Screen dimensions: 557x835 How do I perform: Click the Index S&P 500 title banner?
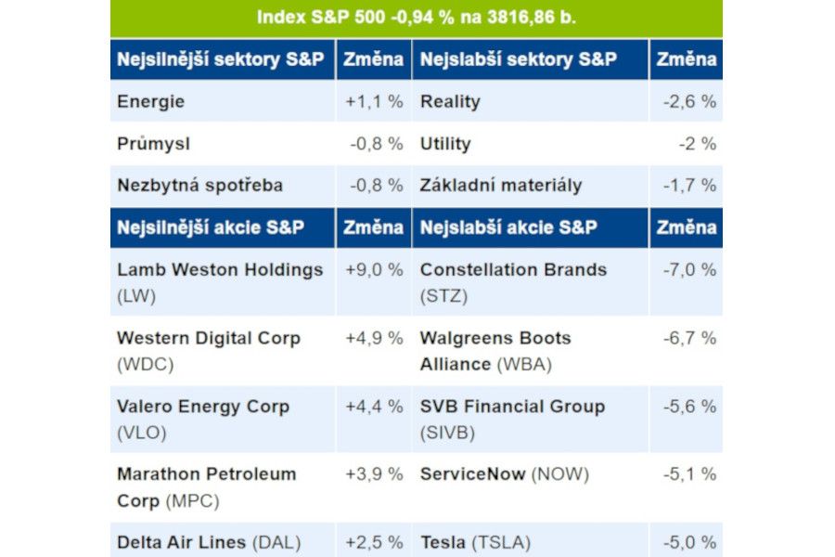pyautogui.click(x=416, y=18)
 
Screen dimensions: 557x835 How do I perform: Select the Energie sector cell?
pyautogui.click(x=151, y=101)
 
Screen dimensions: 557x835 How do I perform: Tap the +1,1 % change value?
pyautogui.click(x=374, y=101)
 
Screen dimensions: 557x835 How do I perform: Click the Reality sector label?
pyautogui.click(x=450, y=101)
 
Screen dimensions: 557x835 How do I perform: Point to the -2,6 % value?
pyautogui.click(x=689, y=101)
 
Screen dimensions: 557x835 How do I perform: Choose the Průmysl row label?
pyautogui.click(x=154, y=144)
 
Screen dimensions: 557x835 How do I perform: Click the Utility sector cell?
pyautogui.click(x=445, y=144)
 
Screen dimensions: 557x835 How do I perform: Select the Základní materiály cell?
pyautogui.click(x=501, y=185)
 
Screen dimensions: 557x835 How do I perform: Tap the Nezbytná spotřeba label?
pyautogui.click(x=199, y=185)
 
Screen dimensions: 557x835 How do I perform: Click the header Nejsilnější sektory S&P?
pyautogui.click(x=221, y=59)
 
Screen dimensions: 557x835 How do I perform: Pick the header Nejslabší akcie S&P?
pyautogui.click(x=508, y=227)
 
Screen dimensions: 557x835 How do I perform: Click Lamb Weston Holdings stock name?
pyautogui.click(x=220, y=270)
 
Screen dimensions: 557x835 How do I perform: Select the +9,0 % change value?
pyautogui.click(x=374, y=270)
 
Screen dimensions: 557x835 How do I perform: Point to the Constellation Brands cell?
pyautogui.click(x=513, y=270)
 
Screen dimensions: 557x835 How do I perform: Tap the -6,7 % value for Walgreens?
pyautogui.click(x=689, y=338)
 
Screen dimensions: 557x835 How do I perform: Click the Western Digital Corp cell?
pyautogui.click(x=209, y=339)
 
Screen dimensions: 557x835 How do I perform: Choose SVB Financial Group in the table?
pyautogui.click(x=512, y=407)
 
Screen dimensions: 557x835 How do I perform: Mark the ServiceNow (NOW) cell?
pyautogui.click(x=504, y=474)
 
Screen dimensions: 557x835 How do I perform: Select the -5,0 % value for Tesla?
pyautogui.click(x=689, y=542)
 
